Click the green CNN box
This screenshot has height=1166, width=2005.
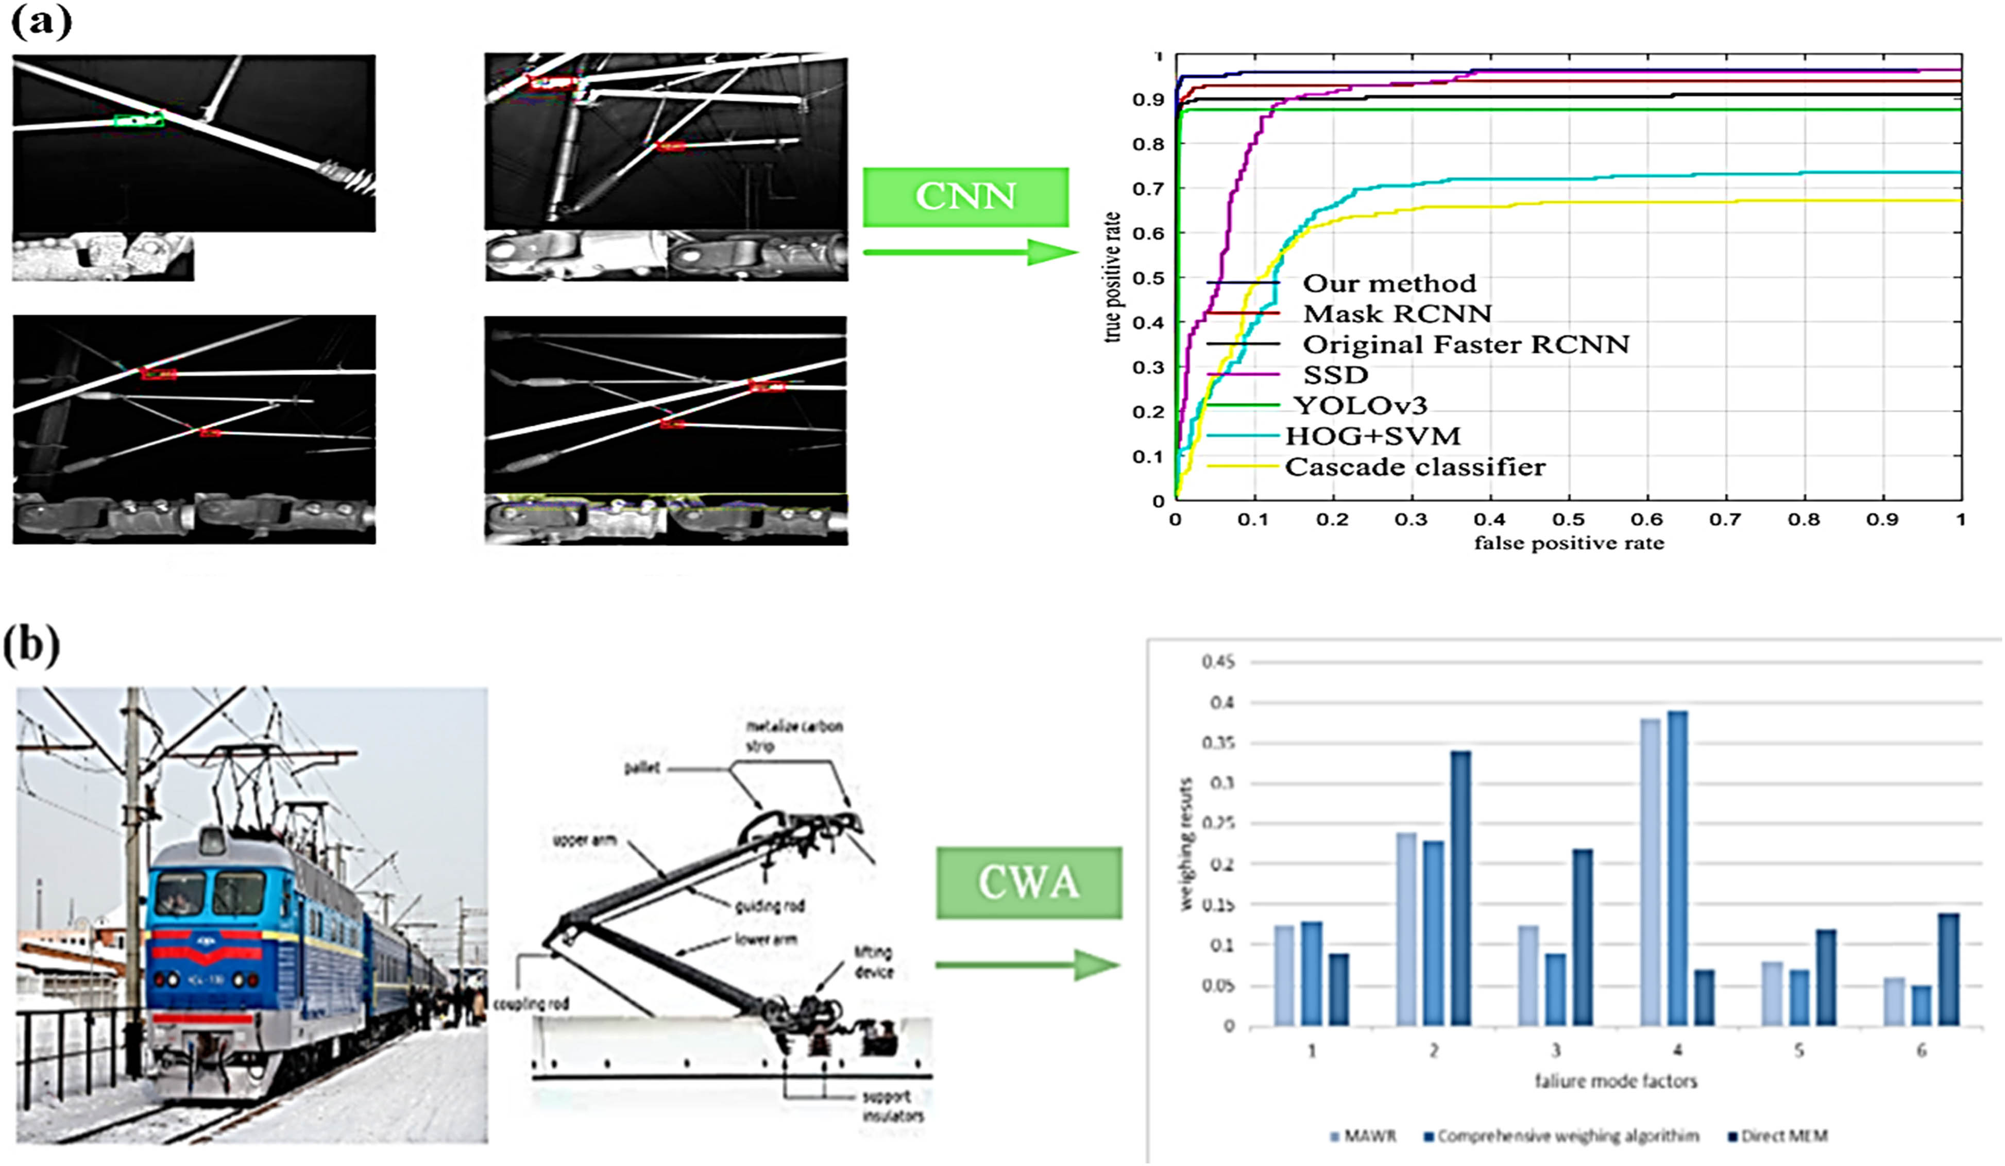(x=965, y=196)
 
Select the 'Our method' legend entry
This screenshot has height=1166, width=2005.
(x=1388, y=284)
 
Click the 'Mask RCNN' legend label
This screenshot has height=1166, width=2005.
(x=1396, y=313)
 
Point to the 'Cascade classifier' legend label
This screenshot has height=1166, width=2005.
(x=1415, y=467)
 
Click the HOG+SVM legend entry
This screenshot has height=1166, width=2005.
(x=1372, y=436)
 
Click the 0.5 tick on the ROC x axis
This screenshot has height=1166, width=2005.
(x=1568, y=520)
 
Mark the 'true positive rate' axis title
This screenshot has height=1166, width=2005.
(x=1112, y=277)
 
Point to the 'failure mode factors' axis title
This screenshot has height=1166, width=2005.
(x=1615, y=1081)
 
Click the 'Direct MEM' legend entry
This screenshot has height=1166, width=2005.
(x=1783, y=1136)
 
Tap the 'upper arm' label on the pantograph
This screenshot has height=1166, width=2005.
(x=585, y=840)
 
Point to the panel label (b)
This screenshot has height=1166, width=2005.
(x=32, y=645)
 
